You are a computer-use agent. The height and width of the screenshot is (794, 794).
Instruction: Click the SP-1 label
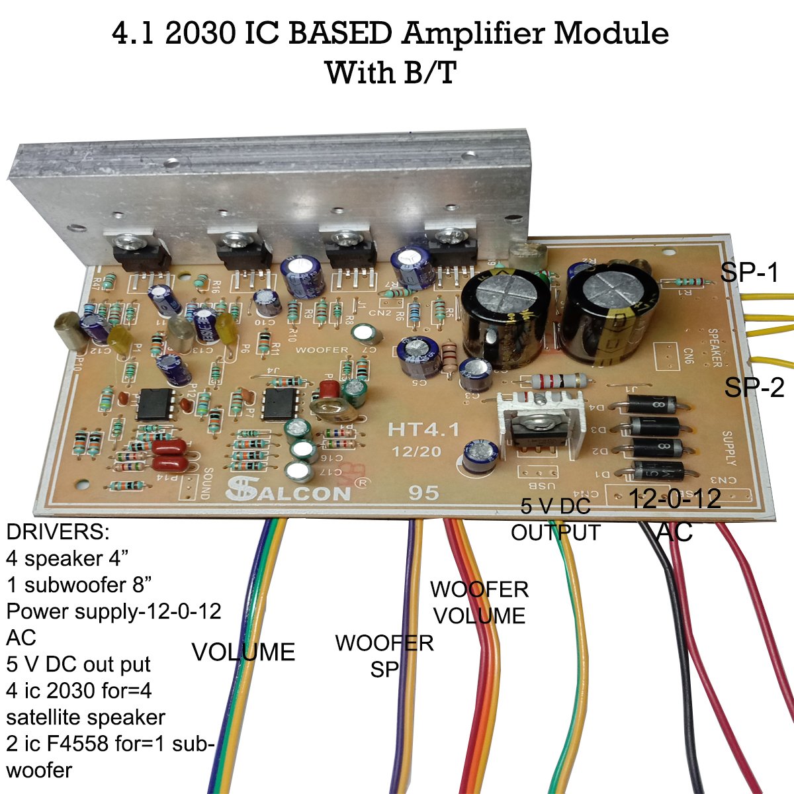pyautogui.click(x=750, y=272)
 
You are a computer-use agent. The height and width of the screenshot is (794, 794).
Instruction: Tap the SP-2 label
pyautogui.click(x=754, y=386)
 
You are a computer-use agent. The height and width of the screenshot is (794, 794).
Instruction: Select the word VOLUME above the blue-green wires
pyautogui.click(x=243, y=652)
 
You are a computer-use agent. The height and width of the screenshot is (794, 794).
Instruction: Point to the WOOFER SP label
pyautogui.click(x=384, y=656)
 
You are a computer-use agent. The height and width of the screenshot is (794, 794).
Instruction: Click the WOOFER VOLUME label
pyautogui.click(x=480, y=602)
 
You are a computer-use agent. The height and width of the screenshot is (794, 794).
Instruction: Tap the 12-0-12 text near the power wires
pyautogui.click(x=674, y=499)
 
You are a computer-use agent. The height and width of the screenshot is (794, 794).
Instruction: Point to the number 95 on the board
pyautogui.click(x=423, y=494)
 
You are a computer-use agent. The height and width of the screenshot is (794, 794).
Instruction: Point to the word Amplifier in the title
pyautogui.click(x=474, y=34)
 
